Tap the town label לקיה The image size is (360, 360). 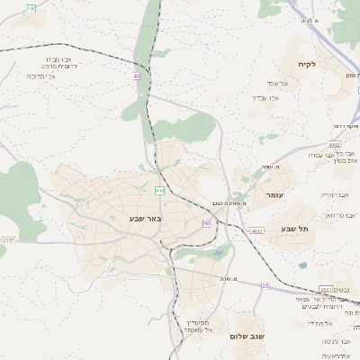309,65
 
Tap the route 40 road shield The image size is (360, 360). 137,76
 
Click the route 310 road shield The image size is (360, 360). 31,7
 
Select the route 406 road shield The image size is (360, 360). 159,190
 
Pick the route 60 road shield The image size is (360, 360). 207,222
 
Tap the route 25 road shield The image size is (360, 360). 265,285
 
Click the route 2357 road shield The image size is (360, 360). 8,240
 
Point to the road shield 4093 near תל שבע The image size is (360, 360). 257,231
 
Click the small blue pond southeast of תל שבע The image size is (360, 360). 301,265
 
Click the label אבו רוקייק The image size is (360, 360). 334,193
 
